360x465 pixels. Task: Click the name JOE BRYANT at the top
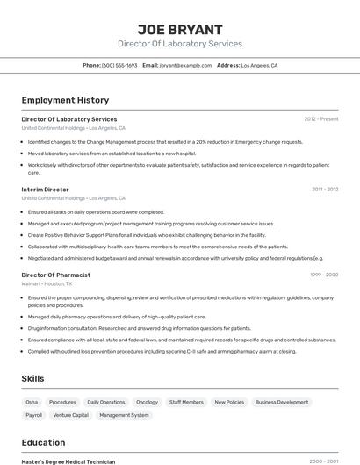(180, 29)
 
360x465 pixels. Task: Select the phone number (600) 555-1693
(119, 65)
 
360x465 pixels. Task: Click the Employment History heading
(65, 100)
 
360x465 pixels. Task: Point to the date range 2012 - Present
(321, 119)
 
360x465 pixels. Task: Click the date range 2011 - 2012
(325, 190)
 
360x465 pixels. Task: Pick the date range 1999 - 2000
(324, 275)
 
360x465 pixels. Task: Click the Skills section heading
(33, 378)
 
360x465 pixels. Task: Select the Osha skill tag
(32, 402)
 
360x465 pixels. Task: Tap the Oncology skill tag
(147, 402)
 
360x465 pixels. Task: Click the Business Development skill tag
(282, 402)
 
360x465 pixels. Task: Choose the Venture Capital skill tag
(70, 415)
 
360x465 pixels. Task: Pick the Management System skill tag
(124, 415)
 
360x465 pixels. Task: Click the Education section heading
(44, 442)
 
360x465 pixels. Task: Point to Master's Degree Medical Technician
(68, 461)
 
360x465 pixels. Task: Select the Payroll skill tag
(33, 415)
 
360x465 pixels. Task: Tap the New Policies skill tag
(229, 402)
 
